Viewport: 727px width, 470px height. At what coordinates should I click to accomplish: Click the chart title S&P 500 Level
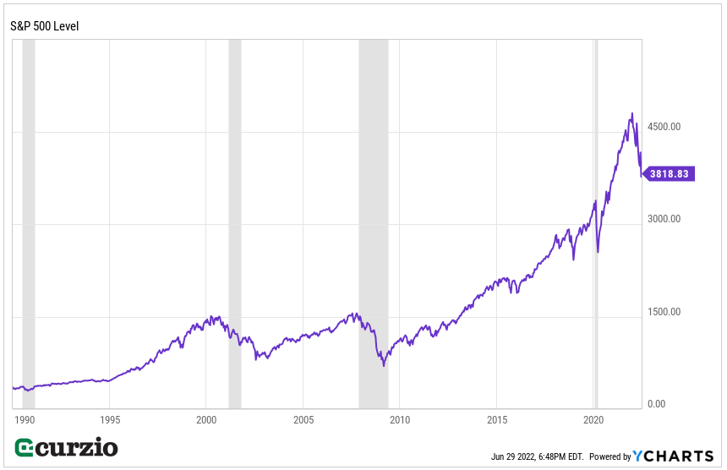click(x=44, y=26)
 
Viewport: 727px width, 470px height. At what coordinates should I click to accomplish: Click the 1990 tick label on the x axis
click(x=24, y=419)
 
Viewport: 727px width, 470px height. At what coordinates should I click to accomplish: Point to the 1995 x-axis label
click(x=110, y=419)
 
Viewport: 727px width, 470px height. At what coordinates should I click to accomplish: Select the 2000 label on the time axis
click(x=207, y=419)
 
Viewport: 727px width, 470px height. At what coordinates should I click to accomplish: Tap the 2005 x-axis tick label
click(x=303, y=419)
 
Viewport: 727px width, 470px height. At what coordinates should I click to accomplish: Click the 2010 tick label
click(x=400, y=419)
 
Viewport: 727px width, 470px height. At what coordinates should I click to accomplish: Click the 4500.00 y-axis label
click(x=664, y=127)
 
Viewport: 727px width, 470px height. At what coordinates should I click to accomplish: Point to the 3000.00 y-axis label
click(x=664, y=220)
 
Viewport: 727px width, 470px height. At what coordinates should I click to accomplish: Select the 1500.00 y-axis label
click(x=664, y=312)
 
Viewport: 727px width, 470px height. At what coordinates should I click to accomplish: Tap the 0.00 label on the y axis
click(x=656, y=404)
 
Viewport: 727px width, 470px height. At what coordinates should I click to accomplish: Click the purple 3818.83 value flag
click(x=670, y=174)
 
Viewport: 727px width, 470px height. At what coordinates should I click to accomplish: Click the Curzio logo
click(x=67, y=448)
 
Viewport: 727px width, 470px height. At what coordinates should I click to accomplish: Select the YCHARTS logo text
click(x=674, y=456)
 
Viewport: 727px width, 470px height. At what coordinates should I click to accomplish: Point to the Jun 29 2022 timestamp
click(x=538, y=457)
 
